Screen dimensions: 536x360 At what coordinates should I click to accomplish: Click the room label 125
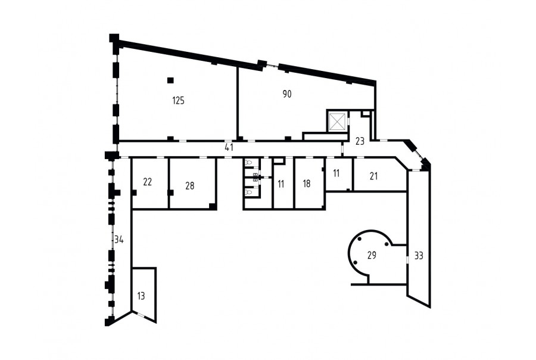[179, 101]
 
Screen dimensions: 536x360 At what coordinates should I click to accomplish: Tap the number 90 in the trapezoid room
[287, 94]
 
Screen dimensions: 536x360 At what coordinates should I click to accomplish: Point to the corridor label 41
[229, 147]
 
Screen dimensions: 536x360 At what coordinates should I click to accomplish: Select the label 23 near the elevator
[360, 141]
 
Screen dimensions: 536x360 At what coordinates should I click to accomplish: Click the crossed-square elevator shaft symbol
[338, 121]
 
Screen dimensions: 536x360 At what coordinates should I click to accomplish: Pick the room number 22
[147, 182]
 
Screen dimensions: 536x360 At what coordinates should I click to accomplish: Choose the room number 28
[190, 186]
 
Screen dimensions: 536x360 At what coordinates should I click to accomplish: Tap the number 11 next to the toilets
[281, 184]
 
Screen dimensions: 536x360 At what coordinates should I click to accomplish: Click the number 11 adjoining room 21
[336, 173]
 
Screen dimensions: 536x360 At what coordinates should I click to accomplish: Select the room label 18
[307, 184]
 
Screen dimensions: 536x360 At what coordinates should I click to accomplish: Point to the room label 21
[373, 176]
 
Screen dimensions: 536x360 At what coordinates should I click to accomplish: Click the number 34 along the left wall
[119, 240]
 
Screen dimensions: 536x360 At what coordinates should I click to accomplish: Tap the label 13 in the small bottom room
[141, 296]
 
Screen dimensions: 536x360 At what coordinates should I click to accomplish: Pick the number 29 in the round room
[372, 255]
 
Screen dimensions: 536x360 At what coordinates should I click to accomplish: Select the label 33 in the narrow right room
[419, 256]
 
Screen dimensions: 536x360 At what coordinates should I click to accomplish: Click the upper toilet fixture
[248, 163]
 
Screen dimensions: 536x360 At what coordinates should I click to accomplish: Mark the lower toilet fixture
[248, 193]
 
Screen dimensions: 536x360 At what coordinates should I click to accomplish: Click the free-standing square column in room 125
[170, 80]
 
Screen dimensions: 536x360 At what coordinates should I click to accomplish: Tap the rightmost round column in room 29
[387, 244]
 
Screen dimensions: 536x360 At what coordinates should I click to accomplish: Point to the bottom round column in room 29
[356, 263]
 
